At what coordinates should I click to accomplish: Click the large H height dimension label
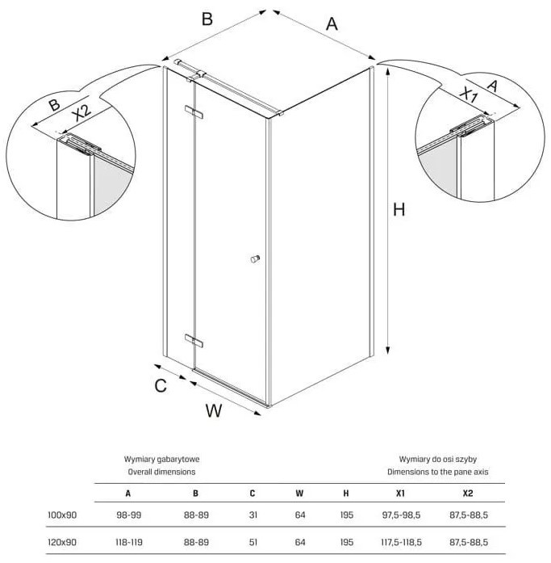click(x=399, y=210)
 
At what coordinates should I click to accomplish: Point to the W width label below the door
click(x=213, y=410)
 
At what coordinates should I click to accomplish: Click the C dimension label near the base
click(x=161, y=385)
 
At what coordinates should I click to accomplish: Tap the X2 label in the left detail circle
click(x=81, y=114)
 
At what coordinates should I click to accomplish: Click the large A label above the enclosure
click(x=332, y=24)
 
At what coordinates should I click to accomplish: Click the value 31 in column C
click(x=253, y=514)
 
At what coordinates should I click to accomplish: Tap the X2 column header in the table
click(x=468, y=492)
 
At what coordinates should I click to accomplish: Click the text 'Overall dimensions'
click(x=161, y=470)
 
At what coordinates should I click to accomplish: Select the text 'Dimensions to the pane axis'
click(x=437, y=470)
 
